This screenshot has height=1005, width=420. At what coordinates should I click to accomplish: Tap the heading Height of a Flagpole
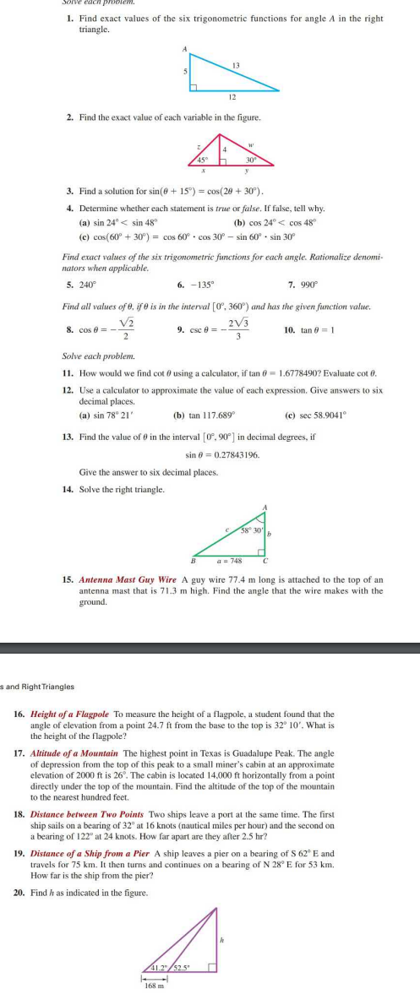[72, 714]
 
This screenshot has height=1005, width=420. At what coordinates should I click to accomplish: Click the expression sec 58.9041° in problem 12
[333, 415]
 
